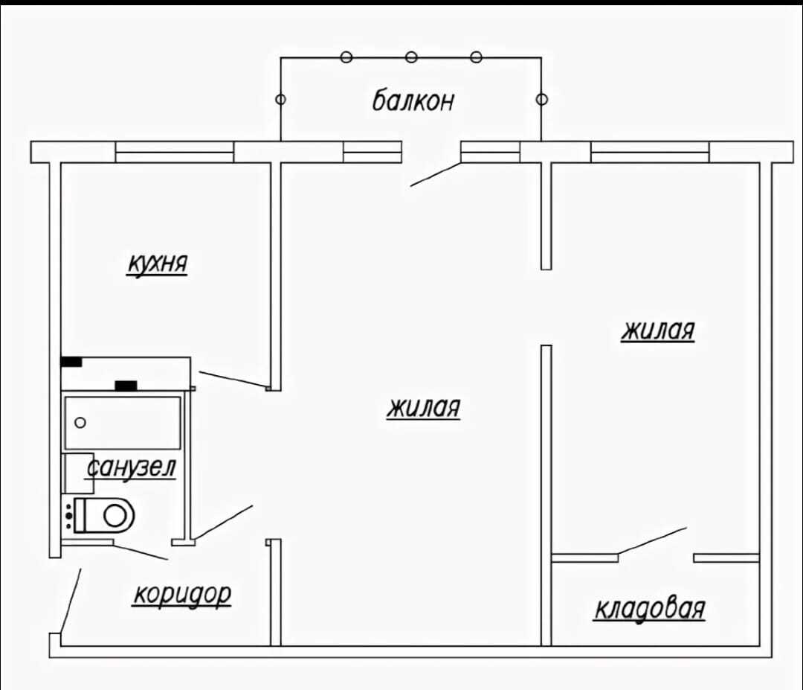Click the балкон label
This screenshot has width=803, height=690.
[413, 100]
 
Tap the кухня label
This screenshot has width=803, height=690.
[157, 263]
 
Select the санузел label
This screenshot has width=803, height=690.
[131, 467]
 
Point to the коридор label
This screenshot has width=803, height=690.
[182, 595]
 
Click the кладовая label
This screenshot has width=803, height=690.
[650, 609]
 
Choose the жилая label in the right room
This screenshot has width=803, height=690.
[658, 330]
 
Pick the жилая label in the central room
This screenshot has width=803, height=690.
[424, 408]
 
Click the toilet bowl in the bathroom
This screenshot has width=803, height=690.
[105, 514]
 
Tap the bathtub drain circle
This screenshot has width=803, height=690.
[80, 423]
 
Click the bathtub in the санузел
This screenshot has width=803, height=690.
[123, 423]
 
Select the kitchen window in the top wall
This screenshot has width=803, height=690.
[175, 153]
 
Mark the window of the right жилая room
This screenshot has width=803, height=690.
[650, 153]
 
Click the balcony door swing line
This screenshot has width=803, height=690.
[436, 174]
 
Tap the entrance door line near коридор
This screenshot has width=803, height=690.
[71, 601]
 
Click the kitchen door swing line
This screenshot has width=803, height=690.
[233, 379]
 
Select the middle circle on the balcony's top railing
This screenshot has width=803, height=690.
[411, 57]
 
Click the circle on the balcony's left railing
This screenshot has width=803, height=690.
[280, 99]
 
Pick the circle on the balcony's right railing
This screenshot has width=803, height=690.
[542, 99]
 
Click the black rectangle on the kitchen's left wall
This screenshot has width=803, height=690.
[71, 362]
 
